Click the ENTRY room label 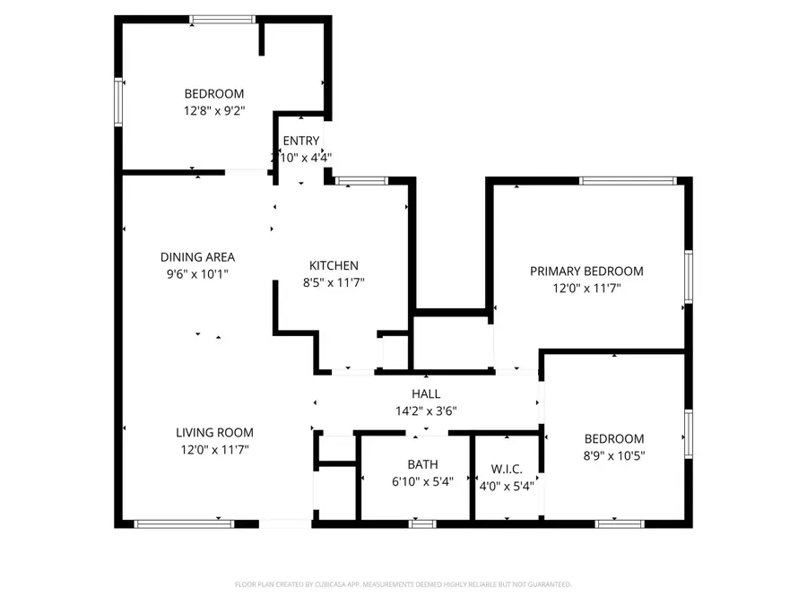click(x=300, y=141)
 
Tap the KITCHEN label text click(x=334, y=265)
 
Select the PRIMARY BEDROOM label click(x=586, y=272)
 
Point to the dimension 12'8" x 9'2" click(x=214, y=110)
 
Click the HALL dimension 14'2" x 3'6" click(x=426, y=411)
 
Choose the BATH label click(x=422, y=464)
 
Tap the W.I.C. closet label click(x=507, y=469)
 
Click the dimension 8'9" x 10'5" click(x=614, y=455)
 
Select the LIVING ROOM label click(x=214, y=432)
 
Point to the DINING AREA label click(x=197, y=257)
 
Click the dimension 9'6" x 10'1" click(x=197, y=274)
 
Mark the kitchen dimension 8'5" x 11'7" click(x=334, y=282)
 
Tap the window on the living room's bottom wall click(x=184, y=523)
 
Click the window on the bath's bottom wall click(x=422, y=523)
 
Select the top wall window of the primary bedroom click(x=627, y=181)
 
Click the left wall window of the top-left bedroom click(x=117, y=100)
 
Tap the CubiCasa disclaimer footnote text click(x=403, y=584)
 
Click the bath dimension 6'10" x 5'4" click(x=422, y=481)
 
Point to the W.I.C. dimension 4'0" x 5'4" click(x=507, y=486)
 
